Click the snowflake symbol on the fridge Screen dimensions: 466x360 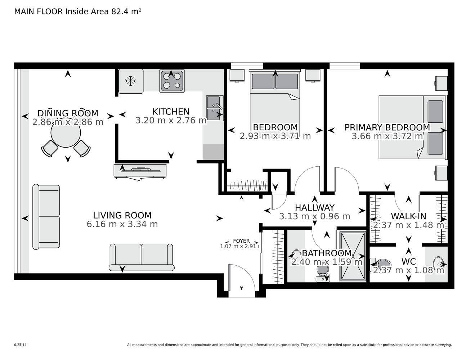[x=130, y=81]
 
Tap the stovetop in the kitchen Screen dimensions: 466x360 [x=172, y=81]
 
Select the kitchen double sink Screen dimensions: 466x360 [x=215, y=108]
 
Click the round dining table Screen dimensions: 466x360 [x=66, y=133]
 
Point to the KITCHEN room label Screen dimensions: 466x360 [x=171, y=112]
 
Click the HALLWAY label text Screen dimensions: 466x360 [x=315, y=208]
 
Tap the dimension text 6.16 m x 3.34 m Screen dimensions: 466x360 [x=122, y=224]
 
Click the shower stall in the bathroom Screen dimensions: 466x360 [x=353, y=256]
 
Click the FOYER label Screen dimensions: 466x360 [x=241, y=241]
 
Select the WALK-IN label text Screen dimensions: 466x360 [x=408, y=216]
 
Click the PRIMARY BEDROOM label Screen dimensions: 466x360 [x=387, y=127]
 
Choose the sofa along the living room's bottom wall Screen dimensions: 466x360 [x=142, y=257]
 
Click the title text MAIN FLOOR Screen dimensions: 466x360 [x=39, y=12]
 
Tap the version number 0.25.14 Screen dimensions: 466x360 [x=21, y=345]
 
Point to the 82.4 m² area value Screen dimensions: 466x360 [x=126, y=12]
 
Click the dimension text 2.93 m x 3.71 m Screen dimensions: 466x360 [x=275, y=136]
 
